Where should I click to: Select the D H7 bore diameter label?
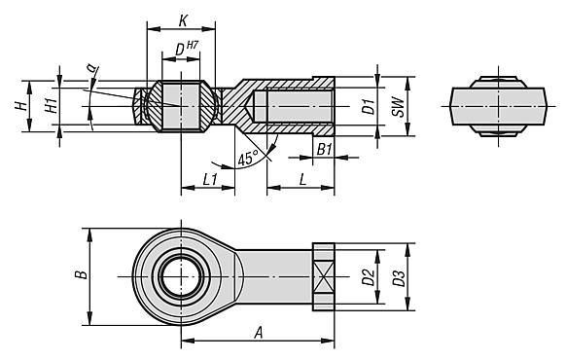pos(185,49)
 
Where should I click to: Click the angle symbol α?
pos(90,67)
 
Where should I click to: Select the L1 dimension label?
pos(209,180)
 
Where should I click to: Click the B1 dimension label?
pos(324,149)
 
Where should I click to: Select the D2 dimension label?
pos(368,276)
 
